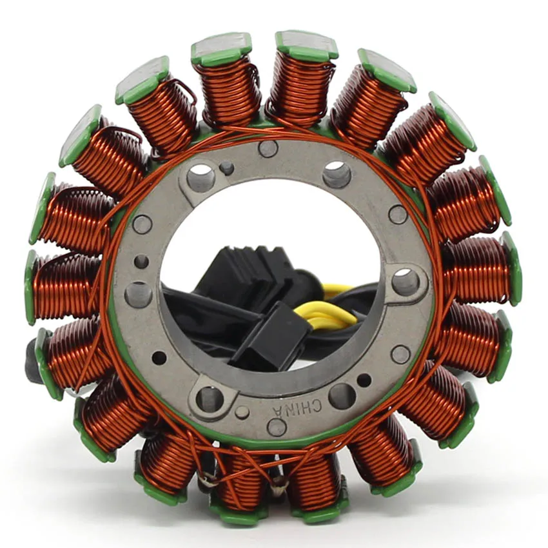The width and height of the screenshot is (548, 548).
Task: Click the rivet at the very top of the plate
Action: [268, 149]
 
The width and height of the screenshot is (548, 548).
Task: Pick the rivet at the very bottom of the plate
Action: [277, 426]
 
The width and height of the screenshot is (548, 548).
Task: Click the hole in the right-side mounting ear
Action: [405, 281]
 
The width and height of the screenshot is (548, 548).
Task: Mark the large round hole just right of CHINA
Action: [342, 395]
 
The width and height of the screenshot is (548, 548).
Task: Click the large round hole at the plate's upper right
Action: [337, 174]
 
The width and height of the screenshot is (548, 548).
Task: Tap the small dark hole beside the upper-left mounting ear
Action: [227, 169]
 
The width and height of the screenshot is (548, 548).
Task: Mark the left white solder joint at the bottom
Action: [207, 480]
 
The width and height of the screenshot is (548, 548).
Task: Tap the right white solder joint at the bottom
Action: [278, 490]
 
